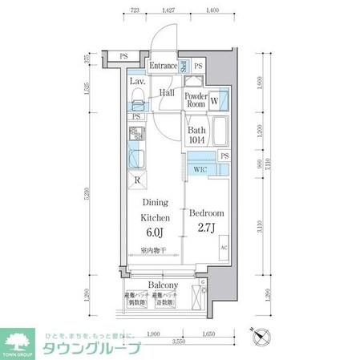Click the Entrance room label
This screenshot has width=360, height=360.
(164, 66)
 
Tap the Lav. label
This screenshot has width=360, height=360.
(137, 81)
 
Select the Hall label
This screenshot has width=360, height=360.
(167, 93)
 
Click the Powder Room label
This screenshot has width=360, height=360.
(196, 99)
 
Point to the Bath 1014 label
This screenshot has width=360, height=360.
(197, 136)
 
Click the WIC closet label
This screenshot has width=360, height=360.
(200, 170)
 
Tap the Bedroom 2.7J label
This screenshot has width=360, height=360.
(206, 220)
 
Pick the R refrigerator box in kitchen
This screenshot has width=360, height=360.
(138, 180)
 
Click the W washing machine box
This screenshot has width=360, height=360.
(215, 101)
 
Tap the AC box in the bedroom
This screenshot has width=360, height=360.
(223, 248)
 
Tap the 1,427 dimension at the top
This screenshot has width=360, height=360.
(168, 10)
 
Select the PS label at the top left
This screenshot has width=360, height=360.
(123, 55)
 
